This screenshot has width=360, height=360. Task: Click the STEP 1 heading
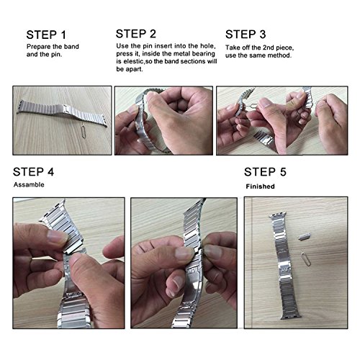click(x=46, y=35)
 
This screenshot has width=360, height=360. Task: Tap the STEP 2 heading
click(x=136, y=34)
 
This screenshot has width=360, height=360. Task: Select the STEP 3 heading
click(x=246, y=35)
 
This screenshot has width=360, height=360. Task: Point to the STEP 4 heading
click(x=33, y=172)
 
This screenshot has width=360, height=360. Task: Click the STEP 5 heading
click(x=265, y=172)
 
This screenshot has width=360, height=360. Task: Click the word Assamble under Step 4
click(x=29, y=184)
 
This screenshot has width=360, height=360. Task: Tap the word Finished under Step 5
click(x=260, y=186)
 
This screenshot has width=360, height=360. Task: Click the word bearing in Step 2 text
click(x=204, y=53)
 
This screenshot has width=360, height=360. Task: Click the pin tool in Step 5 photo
click(x=306, y=259)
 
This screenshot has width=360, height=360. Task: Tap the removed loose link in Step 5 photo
click(x=305, y=237)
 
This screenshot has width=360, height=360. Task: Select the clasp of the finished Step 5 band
click(x=285, y=269)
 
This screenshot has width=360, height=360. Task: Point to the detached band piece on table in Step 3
click(x=264, y=138)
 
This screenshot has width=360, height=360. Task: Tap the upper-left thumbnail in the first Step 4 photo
click(x=55, y=236)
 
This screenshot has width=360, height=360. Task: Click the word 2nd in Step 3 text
click(x=268, y=48)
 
